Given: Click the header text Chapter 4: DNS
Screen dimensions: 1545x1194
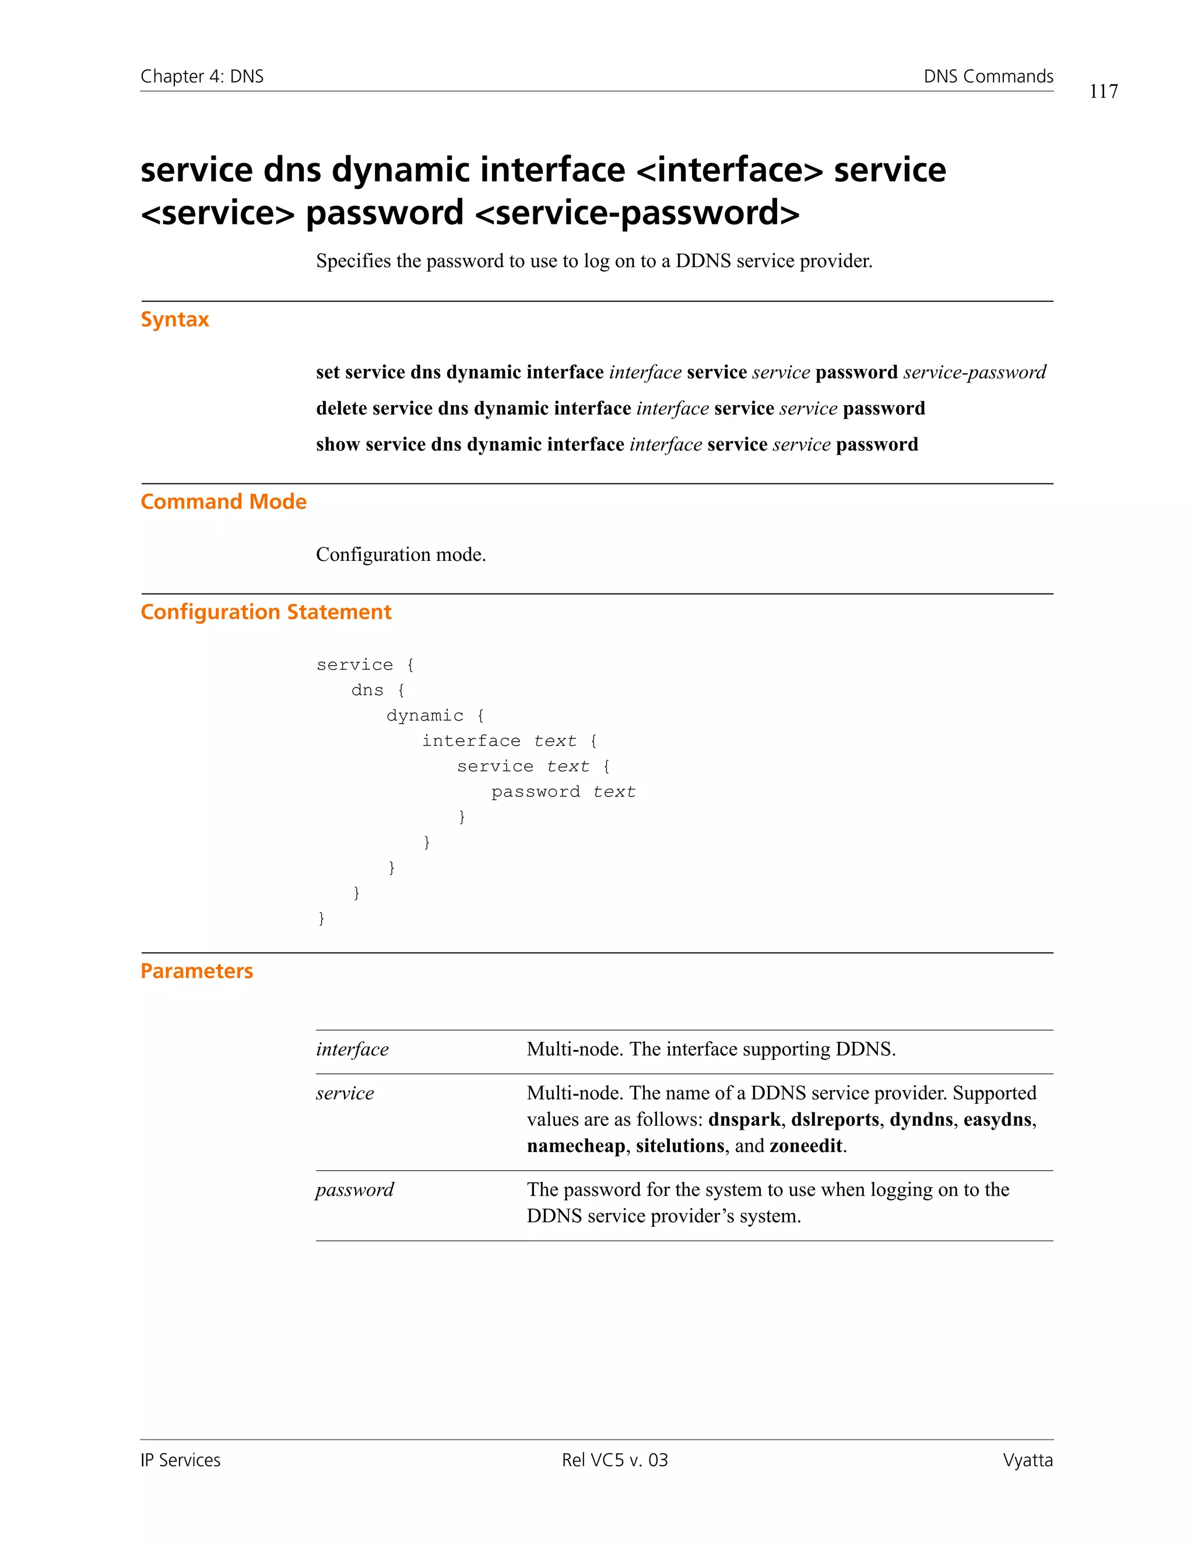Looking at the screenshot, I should click(202, 76).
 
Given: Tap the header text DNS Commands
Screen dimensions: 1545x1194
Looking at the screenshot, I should click(988, 76).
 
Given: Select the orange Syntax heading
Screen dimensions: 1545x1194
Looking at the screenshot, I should click(175, 319).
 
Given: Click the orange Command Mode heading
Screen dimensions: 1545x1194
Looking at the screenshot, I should click(223, 501).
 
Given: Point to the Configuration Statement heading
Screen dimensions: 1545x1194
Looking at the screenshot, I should click(265, 612).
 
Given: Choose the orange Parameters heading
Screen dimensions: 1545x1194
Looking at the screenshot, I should click(196, 971).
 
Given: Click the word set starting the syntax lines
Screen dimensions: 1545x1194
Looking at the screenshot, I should click(328, 373).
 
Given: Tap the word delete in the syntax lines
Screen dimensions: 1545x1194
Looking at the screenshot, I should click(341, 409).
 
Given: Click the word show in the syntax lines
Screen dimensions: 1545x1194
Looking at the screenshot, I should click(338, 445).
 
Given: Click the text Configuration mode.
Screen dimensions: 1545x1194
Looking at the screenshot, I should click(401, 554).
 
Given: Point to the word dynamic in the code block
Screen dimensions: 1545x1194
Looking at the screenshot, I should click(424, 716).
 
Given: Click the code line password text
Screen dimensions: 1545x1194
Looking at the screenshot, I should click(563, 792).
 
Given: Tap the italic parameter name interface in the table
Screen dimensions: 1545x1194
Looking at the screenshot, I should click(352, 1050).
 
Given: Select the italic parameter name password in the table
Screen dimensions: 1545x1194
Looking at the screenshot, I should click(354, 1190).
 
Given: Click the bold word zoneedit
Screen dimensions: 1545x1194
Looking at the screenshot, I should click(806, 1146).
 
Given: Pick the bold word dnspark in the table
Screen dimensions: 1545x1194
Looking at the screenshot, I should click(743, 1120).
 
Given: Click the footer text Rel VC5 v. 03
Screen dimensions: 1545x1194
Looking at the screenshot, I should click(614, 1460).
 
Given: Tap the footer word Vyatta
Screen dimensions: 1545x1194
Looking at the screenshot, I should click(1027, 1460).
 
